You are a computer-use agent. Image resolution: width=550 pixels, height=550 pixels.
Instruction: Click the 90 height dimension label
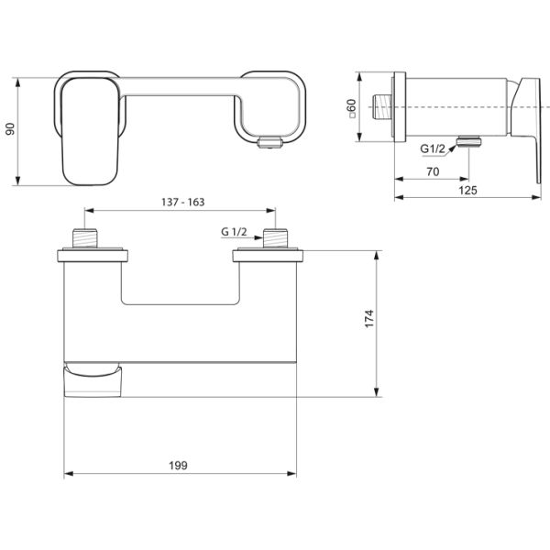click(x=11, y=129)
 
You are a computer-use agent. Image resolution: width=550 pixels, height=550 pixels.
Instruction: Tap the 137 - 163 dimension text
click(x=182, y=203)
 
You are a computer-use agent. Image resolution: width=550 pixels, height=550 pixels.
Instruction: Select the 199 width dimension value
click(x=178, y=466)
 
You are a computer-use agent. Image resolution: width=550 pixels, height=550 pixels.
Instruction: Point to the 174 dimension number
click(x=369, y=318)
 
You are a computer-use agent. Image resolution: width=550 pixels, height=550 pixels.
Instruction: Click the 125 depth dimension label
click(x=467, y=191)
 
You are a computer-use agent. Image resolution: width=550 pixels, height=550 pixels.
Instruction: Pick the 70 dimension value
click(x=433, y=172)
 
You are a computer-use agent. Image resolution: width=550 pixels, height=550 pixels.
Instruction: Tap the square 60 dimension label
click(x=351, y=108)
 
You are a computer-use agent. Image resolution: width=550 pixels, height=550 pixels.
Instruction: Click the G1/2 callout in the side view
click(x=433, y=148)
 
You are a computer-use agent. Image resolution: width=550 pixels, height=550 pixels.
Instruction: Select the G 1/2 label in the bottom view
click(x=234, y=232)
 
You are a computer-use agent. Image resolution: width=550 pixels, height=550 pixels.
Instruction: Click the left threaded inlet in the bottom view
click(x=84, y=238)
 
